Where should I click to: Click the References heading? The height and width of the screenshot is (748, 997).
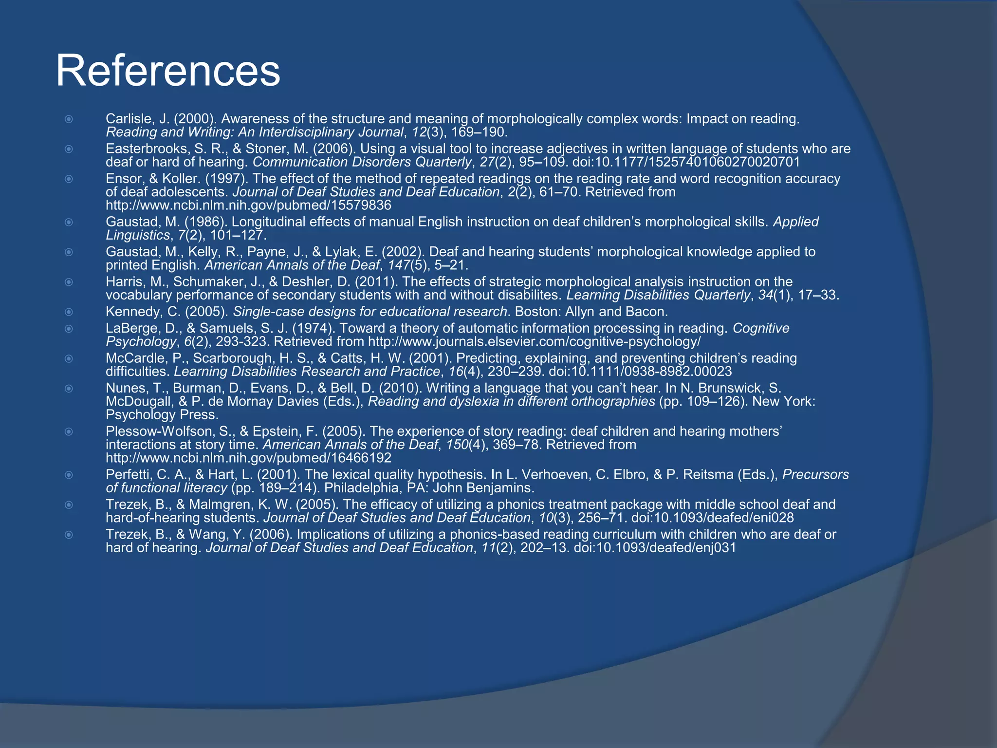pyautogui.click(x=168, y=72)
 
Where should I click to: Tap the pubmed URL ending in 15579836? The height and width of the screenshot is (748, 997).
pyautogui.click(x=248, y=205)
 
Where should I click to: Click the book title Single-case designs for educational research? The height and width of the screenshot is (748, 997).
pyautogui.click(x=370, y=312)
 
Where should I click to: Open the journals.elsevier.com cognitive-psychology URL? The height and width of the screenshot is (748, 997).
pyautogui.click(x=534, y=341)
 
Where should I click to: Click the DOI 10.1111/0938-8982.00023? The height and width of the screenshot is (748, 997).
pyautogui.click(x=640, y=372)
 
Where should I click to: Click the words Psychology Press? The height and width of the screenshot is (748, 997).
pyautogui.click(x=162, y=414)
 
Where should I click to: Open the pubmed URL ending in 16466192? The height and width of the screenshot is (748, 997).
pyautogui.click(x=248, y=458)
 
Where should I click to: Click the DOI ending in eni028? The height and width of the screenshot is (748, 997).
pyautogui.click(x=712, y=518)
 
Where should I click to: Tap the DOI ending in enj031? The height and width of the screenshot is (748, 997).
pyautogui.click(x=655, y=548)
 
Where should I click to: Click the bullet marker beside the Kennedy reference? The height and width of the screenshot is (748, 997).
pyautogui.click(x=69, y=312)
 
